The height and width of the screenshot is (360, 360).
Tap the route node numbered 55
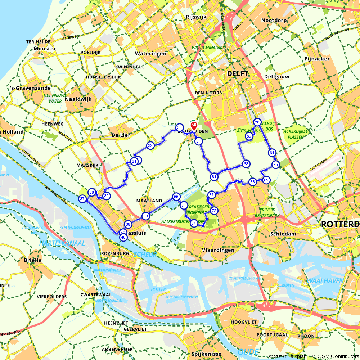tap(179, 127)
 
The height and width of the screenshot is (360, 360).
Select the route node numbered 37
tap(82, 199)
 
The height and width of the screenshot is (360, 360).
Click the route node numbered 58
tap(257, 122)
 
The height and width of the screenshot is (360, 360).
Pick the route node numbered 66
tap(176, 197)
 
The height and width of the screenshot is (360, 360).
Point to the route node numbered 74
tap(194, 223)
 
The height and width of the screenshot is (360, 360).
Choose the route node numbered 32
tap(150, 145)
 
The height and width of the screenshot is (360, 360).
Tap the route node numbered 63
tap(246, 164)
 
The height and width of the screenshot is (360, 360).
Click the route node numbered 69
tap(266, 180)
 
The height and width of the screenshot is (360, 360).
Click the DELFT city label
tap(238, 73)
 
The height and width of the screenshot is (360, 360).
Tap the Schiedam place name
tap(283, 234)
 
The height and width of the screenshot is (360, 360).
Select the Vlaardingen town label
tap(218, 250)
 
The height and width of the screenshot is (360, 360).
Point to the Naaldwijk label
tap(78, 99)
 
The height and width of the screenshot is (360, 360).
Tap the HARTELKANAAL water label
tap(63, 243)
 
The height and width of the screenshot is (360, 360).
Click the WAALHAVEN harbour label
tap(325, 281)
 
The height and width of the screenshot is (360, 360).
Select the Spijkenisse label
tap(207, 354)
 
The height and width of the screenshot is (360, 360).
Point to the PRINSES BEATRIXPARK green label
tap(269, 213)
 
